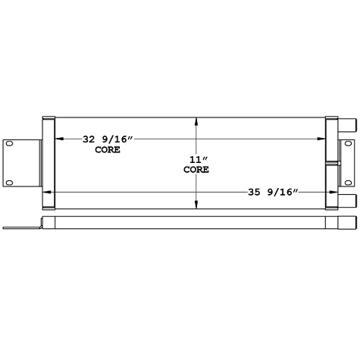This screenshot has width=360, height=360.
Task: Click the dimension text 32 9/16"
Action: click(x=108, y=139)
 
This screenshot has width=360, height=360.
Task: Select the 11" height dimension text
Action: click(x=197, y=159)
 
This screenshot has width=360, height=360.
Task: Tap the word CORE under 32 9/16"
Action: click(x=108, y=150)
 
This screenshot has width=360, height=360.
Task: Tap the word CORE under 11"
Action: click(x=197, y=171)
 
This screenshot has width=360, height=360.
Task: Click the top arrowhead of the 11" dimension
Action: click(x=197, y=121)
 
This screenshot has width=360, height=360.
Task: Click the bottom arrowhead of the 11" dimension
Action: click(x=197, y=205)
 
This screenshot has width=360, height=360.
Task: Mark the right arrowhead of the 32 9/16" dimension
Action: click(x=324, y=139)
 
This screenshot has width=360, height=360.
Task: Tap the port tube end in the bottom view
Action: click(x=349, y=224)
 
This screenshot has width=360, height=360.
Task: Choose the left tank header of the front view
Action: click(x=49, y=162)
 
